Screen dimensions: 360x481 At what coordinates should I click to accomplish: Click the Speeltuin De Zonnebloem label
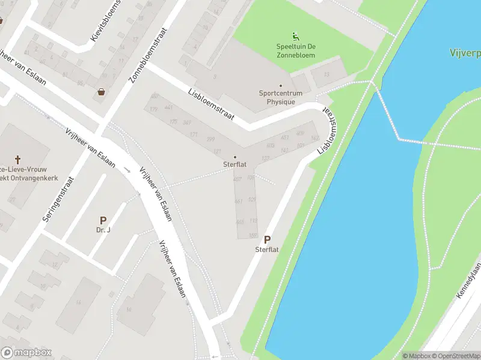pos(296,51)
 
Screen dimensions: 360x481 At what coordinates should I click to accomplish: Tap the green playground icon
pos(295,36)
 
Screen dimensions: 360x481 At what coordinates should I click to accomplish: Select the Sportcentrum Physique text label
pos(281,97)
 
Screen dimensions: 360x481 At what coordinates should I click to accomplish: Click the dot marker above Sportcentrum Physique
pos(280,85)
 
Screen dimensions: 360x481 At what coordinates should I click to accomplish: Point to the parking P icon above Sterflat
pos(267,239)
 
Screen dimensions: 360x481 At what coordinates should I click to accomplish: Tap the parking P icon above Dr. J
pos(103,221)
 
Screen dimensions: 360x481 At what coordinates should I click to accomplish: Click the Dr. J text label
pos(103,230)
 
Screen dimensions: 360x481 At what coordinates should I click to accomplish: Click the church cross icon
pos(18,160)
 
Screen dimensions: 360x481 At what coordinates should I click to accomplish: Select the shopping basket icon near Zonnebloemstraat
pos(102,92)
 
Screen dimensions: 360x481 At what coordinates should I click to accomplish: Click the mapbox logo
pos(26,353)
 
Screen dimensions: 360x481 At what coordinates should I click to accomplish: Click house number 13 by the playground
pos(326,75)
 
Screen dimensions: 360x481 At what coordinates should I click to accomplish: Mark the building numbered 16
pos(128,309)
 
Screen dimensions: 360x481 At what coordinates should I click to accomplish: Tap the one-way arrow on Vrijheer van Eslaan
pos(127,170)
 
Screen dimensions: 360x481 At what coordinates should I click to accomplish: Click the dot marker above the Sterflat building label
pos(235,157)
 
